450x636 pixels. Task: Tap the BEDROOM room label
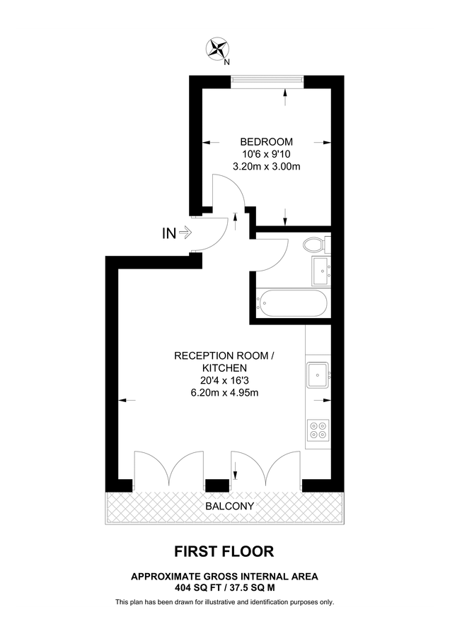(x=267, y=141)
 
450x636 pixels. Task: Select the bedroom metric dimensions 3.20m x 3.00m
(x=267, y=167)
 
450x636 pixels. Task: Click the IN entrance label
(x=170, y=232)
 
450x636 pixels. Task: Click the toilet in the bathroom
(x=313, y=245)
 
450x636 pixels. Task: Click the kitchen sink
(x=318, y=374)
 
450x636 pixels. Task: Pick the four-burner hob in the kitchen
(x=318, y=431)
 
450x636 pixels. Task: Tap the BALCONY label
(x=229, y=506)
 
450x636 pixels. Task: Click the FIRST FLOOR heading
(x=224, y=551)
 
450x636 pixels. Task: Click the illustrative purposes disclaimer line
(x=224, y=602)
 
